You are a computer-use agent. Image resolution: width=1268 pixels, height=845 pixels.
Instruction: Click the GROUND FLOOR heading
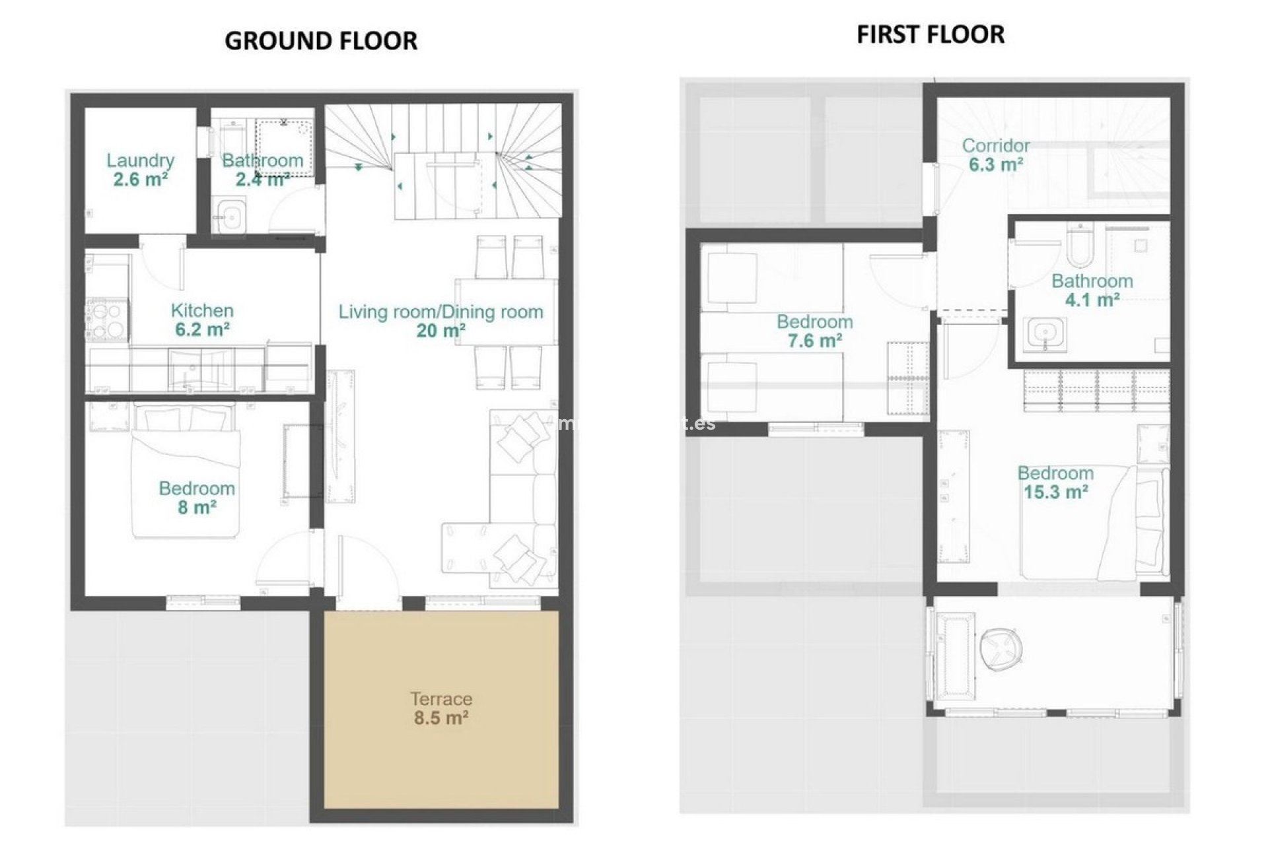[321, 41]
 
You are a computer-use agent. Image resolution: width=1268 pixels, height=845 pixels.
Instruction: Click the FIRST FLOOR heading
[931, 34]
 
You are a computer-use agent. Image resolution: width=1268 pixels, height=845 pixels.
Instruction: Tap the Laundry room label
[140, 160]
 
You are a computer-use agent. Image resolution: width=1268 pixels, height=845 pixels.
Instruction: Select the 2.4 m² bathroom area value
[262, 179]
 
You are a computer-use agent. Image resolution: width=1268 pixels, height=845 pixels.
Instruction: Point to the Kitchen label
[202, 310]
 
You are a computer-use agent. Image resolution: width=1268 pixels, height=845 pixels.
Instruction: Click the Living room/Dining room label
[440, 312]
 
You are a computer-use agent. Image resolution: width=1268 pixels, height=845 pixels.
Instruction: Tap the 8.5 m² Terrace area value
[441, 718]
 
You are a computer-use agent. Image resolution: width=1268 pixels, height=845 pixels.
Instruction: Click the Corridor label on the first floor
[995, 145]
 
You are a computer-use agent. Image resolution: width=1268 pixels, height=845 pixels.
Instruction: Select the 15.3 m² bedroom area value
[1055, 492]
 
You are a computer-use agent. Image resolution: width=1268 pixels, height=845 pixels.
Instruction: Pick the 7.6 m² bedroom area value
[814, 341]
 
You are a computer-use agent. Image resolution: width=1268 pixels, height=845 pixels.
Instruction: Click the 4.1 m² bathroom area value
[1092, 300]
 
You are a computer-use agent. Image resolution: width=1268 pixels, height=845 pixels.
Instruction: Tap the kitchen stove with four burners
[106, 320]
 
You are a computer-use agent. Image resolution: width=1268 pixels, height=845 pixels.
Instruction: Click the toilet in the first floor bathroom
[1080, 244]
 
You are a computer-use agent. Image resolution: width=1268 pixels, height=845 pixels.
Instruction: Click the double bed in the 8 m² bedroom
[184, 472]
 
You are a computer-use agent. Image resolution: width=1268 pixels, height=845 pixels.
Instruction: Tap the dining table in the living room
[506, 312]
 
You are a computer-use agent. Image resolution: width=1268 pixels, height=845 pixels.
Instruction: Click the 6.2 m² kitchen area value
[202, 329]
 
